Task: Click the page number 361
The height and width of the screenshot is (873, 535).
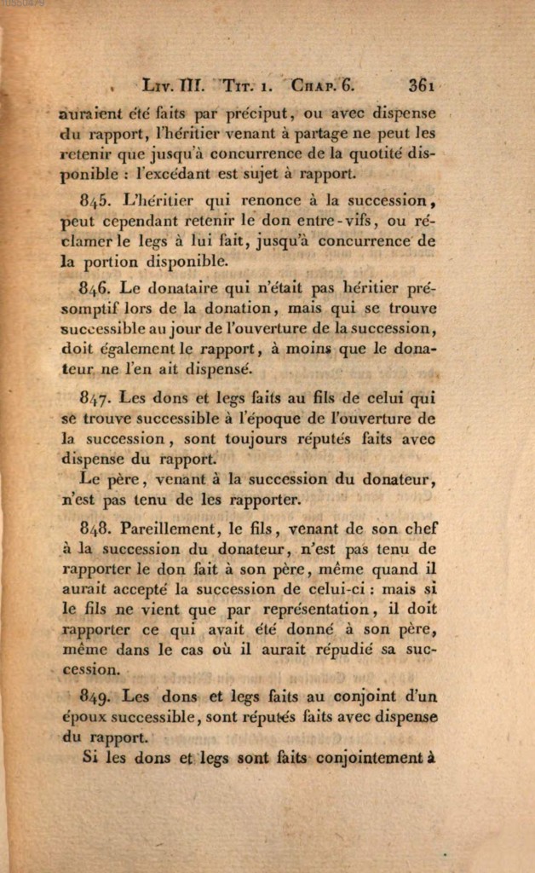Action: [422, 85]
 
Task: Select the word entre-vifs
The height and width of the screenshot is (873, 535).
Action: [328, 222]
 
